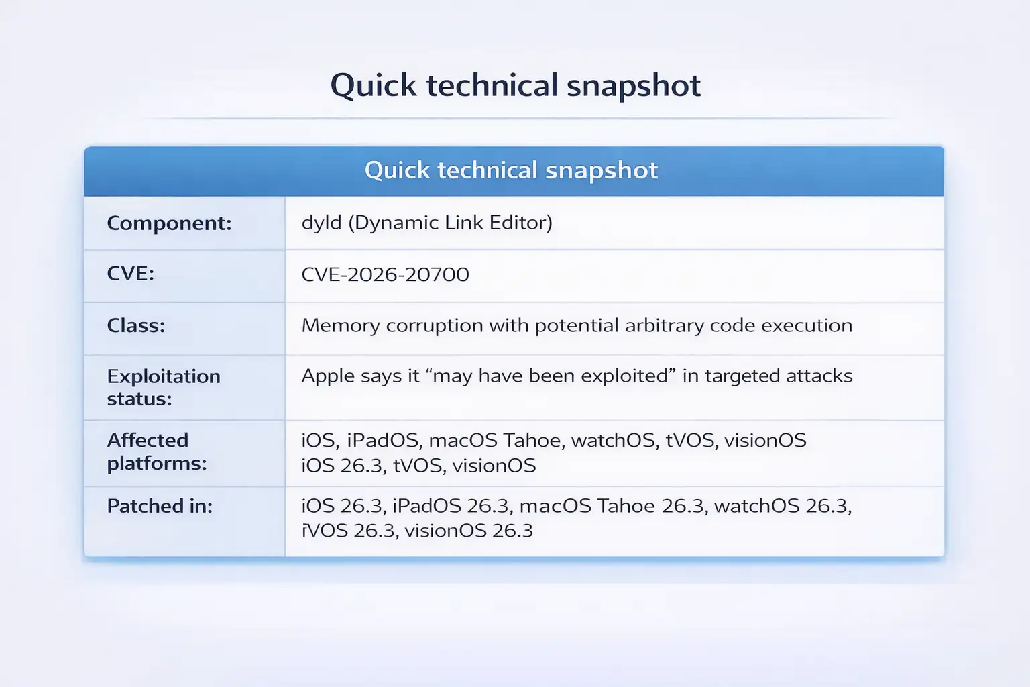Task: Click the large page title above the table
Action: click(515, 86)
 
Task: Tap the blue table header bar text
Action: click(511, 170)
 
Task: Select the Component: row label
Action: click(169, 223)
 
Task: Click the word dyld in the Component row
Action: click(321, 223)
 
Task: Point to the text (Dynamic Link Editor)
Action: click(450, 223)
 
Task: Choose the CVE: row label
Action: click(130, 274)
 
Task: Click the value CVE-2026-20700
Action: click(385, 274)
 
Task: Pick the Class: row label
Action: click(135, 325)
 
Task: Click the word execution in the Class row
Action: click(807, 325)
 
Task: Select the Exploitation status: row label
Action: click(163, 387)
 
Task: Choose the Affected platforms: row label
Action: click(156, 452)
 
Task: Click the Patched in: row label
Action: click(160, 506)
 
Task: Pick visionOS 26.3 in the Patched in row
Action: click(469, 531)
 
